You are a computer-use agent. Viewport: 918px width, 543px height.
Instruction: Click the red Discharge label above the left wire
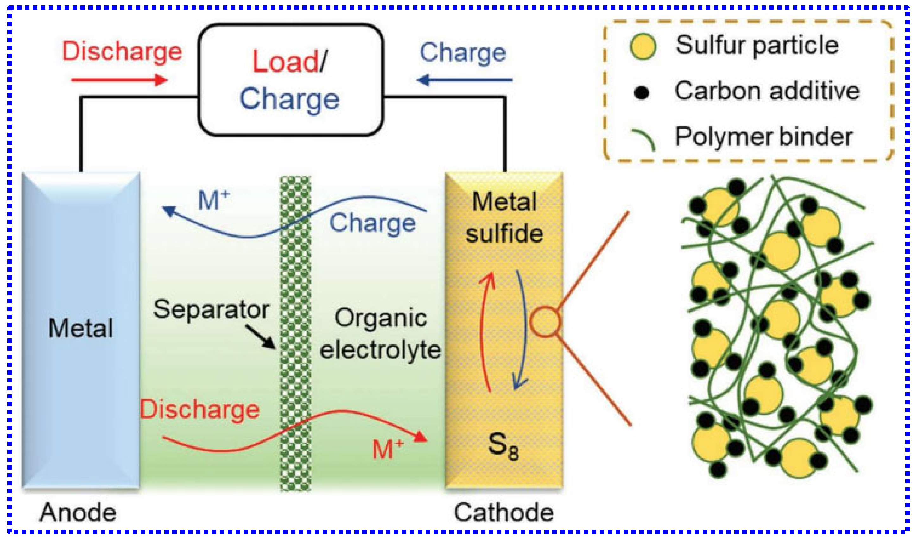[122, 51]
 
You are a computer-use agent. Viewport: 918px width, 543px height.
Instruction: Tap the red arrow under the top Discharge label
[119, 80]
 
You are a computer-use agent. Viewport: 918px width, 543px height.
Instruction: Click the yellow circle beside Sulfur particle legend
[643, 47]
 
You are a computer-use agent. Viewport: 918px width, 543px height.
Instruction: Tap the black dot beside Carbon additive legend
[641, 92]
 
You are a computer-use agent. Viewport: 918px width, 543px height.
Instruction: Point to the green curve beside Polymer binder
[644, 139]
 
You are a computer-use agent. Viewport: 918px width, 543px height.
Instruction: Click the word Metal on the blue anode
[80, 328]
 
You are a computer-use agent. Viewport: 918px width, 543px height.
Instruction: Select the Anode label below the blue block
[78, 513]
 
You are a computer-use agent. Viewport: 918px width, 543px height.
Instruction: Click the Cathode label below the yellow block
[503, 513]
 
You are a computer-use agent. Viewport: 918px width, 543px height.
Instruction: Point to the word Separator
[211, 310]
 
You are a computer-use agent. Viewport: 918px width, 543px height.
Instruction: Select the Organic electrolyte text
[381, 334]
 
